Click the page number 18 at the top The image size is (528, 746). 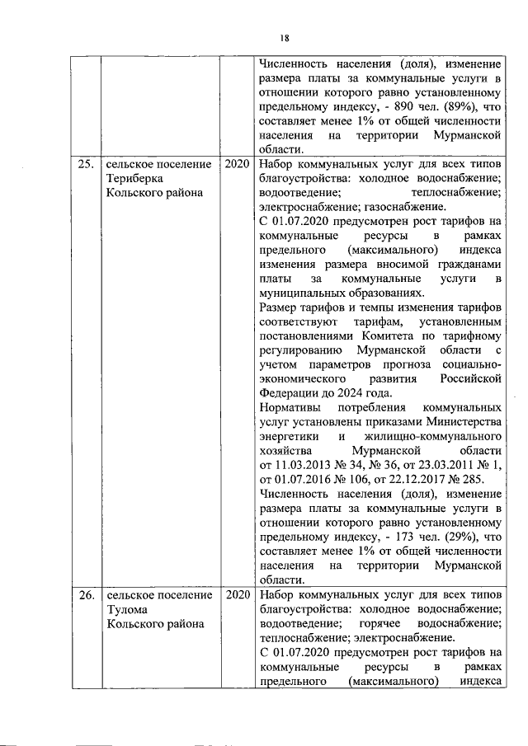click(x=284, y=37)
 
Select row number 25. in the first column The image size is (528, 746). click(x=85, y=164)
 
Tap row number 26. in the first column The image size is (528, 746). click(x=85, y=594)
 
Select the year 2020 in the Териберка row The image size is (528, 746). click(x=236, y=164)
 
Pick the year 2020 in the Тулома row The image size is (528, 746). click(x=236, y=594)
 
